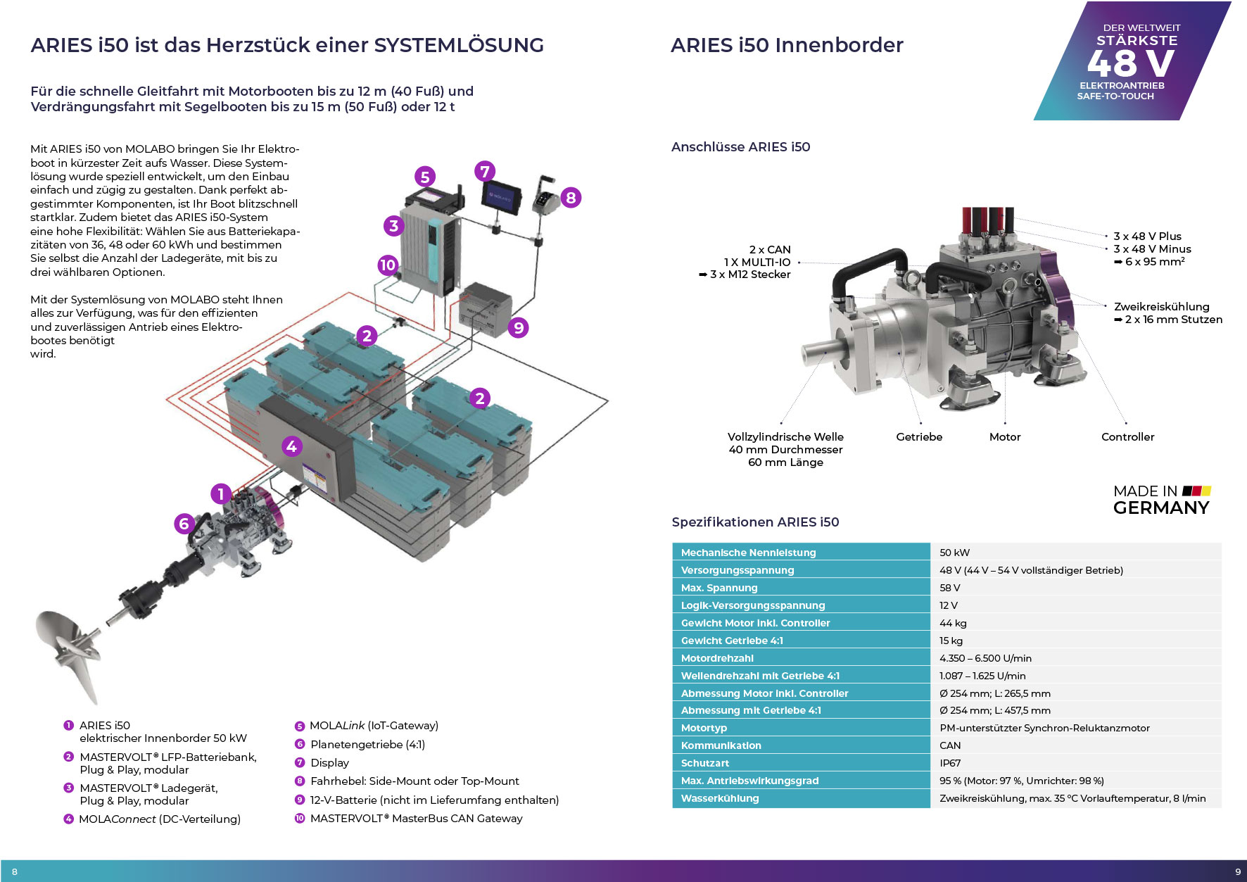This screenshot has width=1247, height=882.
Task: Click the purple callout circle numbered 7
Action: coord(484,171)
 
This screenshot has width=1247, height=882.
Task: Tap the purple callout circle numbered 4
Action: coord(291,446)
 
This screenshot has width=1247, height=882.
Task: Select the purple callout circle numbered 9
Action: coord(518,327)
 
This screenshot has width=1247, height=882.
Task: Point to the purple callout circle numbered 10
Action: coord(388,265)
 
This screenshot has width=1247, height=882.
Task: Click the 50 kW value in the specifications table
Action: coord(954,553)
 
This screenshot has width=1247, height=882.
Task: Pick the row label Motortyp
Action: coord(704,728)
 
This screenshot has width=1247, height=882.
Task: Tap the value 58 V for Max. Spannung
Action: coord(949,588)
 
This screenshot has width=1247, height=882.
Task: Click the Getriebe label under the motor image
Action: coord(919,437)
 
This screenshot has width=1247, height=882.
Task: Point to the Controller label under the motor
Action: coord(1127,437)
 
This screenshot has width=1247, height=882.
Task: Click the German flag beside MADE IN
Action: coord(1196,491)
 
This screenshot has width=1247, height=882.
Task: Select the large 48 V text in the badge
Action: coord(1130,63)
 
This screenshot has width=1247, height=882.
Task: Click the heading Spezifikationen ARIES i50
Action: coord(755,522)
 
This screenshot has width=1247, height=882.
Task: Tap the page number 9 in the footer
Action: coord(1238,871)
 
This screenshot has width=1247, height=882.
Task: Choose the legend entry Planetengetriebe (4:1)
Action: coord(367,745)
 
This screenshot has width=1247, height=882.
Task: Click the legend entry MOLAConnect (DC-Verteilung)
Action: coord(160,819)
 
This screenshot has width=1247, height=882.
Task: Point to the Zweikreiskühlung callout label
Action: coord(1161,307)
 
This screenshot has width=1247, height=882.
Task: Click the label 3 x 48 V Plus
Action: coord(1147,237)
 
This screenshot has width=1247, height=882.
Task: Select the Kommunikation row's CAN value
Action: coord(949,745)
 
